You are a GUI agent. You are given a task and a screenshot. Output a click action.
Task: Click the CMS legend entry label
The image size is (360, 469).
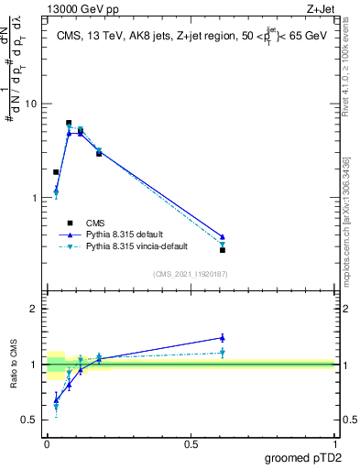95,223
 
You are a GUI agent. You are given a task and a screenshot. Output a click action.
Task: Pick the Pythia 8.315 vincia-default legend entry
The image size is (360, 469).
140,246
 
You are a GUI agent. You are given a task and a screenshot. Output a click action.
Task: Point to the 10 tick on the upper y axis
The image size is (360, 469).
29,104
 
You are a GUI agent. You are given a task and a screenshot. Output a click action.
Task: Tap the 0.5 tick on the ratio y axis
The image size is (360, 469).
29,420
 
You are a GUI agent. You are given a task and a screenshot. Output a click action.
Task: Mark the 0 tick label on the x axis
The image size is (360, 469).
46,443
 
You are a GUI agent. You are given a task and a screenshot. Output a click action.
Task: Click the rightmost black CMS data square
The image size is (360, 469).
223,250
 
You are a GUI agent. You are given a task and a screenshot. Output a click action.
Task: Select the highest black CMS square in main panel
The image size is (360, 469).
69,123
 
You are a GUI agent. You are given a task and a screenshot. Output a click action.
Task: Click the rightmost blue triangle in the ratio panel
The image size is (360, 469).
223,337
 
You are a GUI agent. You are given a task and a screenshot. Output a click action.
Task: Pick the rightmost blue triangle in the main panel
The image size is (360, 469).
223,236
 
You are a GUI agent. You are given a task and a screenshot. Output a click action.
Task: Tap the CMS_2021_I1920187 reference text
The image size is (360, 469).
189,274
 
